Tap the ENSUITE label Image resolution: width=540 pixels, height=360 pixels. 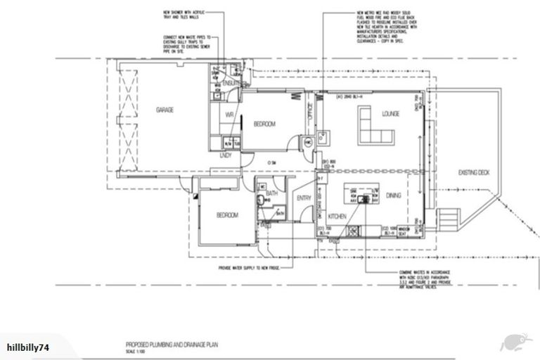(x=233, y=84)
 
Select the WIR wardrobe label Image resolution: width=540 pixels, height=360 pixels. (x=229, y=115)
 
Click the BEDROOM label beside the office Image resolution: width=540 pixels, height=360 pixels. (x=265, y=124)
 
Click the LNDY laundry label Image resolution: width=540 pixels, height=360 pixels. (x=226, y=155)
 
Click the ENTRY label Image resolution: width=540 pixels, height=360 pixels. (x=304, y=198)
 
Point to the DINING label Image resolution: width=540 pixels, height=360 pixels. (x=393, y=196)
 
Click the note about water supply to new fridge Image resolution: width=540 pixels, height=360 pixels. (x=240, y=268)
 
